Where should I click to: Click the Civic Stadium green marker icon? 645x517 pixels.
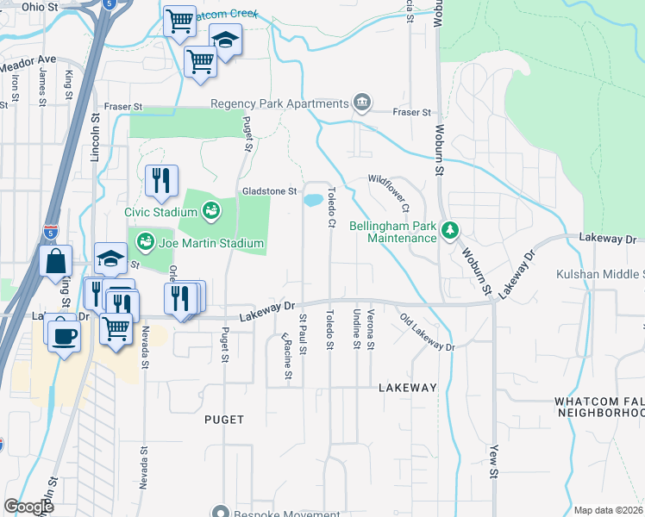click(x=210, y=209)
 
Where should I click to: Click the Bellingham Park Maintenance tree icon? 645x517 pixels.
click(x=448, y=230)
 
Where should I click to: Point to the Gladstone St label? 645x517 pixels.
click(x=269, y=190)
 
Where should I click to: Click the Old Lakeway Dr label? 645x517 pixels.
click(x=427, y=333)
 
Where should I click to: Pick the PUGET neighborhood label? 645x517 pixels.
click(x=224, y=420)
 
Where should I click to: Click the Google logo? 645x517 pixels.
click(x=28, y=507)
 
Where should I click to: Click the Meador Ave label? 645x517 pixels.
click(x=28, y=65)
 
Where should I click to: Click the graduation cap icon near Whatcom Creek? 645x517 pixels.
click(x=226, y=40)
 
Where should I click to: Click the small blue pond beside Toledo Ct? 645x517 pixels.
click(x=312, y=200)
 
